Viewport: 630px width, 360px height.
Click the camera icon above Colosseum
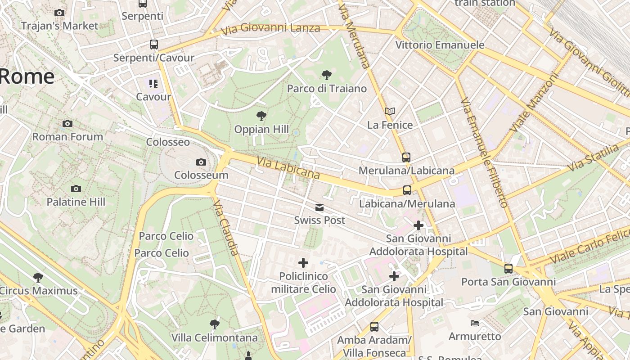[x=201, y=162]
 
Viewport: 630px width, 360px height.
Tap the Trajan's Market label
[x=59, y=26]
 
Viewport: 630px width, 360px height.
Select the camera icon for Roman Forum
[x=67, y=123]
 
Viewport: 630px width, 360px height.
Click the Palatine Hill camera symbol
[x=76, y=189]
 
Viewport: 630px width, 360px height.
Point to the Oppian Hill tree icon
[x=261, y=116]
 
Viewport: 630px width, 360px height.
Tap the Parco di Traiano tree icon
[x=327, y=75]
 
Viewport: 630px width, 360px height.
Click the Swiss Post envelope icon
[x=319, y=207]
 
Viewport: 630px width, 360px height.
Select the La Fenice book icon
[x=390, y=111]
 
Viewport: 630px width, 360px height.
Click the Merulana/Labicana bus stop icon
[x=406, y=157]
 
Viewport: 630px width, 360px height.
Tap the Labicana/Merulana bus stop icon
[x=407, y=190]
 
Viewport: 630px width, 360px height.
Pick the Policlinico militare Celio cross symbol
[x=303, y=262]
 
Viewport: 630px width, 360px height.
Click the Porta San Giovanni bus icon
[x=508, y=268]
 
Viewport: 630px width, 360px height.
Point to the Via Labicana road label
[x=288, y=168]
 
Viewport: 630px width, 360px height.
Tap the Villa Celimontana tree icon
[x=215, y=324]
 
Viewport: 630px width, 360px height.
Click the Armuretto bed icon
[x=475, y=323]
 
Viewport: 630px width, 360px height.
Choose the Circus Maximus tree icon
[x=38, y=277]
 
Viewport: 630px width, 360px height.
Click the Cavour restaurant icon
[x=153, y=83]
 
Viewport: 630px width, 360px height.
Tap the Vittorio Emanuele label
[x=440, y=45]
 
